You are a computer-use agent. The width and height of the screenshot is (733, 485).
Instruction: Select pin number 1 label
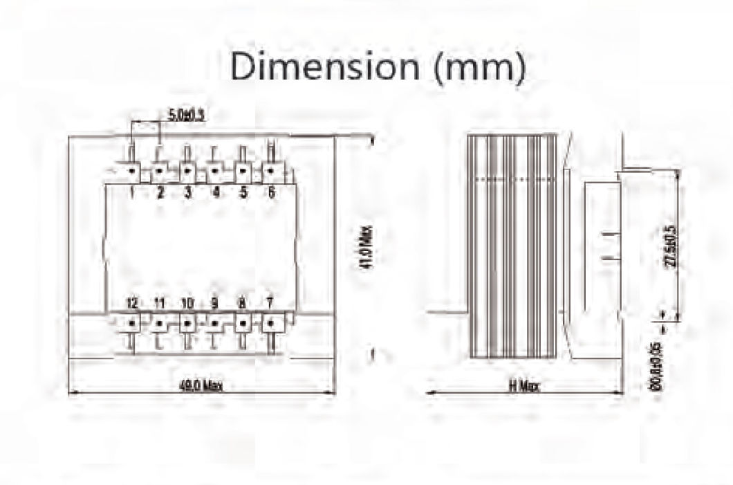(131, 193)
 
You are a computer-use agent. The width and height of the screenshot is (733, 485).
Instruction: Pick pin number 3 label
(187, 193)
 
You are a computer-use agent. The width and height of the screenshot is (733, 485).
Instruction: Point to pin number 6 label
(270, 193)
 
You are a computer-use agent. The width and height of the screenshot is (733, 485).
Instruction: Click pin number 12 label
(131, 303)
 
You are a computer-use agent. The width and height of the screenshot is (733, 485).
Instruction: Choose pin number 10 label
(187, 303)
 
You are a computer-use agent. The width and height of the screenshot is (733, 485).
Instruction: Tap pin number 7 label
(270, 303)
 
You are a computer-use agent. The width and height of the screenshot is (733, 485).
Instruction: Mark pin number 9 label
(215, 303)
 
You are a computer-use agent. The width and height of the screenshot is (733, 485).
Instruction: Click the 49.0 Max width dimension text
(201, 386)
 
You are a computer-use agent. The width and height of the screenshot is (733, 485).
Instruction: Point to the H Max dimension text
(523, 386)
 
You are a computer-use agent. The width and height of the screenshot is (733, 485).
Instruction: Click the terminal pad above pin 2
(159, 170)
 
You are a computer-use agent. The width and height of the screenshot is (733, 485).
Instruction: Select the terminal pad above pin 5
(243, 170)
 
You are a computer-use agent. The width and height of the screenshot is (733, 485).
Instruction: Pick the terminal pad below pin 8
(243, 322)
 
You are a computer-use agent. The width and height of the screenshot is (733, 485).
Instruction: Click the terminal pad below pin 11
(159, 322)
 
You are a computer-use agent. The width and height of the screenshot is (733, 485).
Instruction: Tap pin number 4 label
(215, 193)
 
